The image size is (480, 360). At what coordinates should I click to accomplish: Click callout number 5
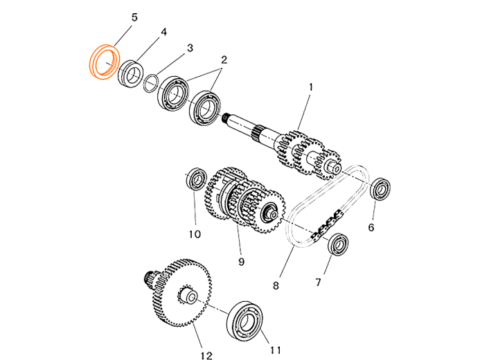click(134, 17)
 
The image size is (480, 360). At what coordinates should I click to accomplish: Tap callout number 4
click(163, 32)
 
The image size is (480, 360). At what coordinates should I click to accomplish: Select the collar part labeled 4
click(131, 73)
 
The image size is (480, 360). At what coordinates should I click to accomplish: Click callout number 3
click(190, 48)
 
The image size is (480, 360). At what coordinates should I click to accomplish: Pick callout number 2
click(224, 60)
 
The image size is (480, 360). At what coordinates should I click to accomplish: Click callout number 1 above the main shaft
click(311, 87)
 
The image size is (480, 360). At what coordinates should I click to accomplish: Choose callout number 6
click(371, 228)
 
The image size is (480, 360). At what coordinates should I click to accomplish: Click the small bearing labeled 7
click(338, 244)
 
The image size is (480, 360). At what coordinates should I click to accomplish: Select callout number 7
click(318, 282)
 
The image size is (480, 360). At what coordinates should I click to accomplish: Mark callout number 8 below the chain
click(276, 286)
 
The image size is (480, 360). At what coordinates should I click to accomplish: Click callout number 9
click(241, 262)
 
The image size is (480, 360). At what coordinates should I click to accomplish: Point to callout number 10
click(195, 234)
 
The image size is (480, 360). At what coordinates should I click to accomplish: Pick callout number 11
click(275, 350)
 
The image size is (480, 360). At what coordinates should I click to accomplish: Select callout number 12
click(206, 356)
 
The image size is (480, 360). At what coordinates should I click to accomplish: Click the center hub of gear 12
click(189, 296)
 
